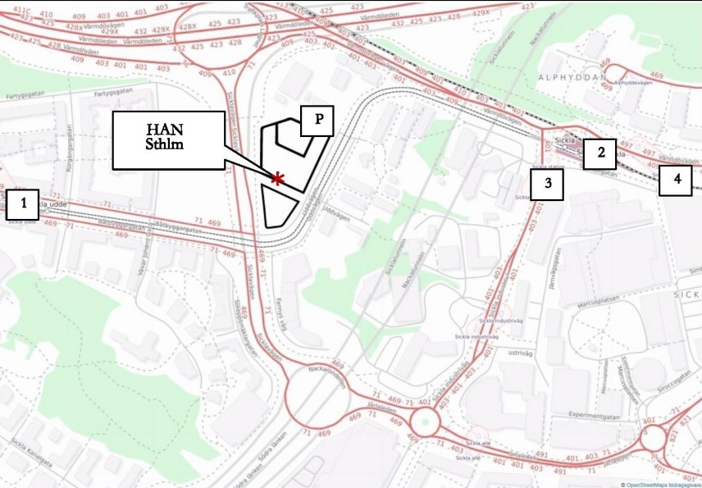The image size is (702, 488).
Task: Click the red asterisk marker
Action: point(278,179)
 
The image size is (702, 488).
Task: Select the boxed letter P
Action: point(318,119)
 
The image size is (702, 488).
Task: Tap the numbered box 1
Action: point(23,204)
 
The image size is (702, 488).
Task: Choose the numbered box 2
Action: point(600,153)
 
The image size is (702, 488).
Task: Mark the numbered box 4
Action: point(676,178)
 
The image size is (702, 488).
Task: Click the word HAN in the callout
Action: point(167,130)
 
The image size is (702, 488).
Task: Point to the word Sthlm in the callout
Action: point(167,147)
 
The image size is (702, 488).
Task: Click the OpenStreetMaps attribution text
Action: point(661,484)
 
